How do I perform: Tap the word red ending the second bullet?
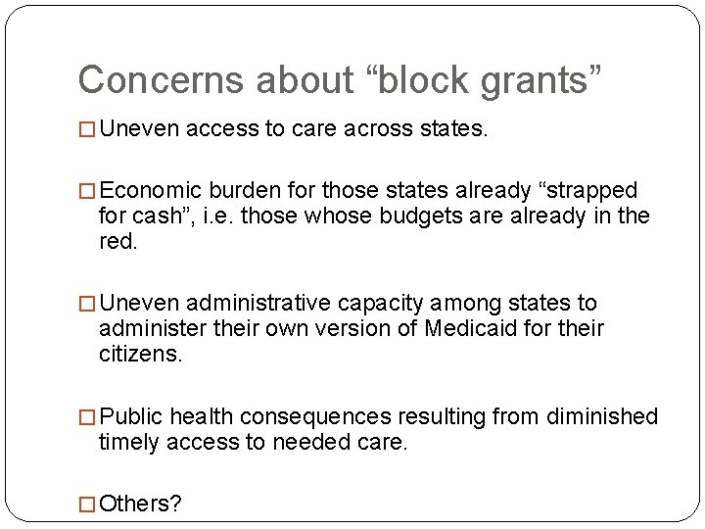coord(117,241)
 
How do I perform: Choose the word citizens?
coord(139,354)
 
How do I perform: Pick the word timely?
coord(129,442)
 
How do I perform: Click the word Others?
coord(141,504)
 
